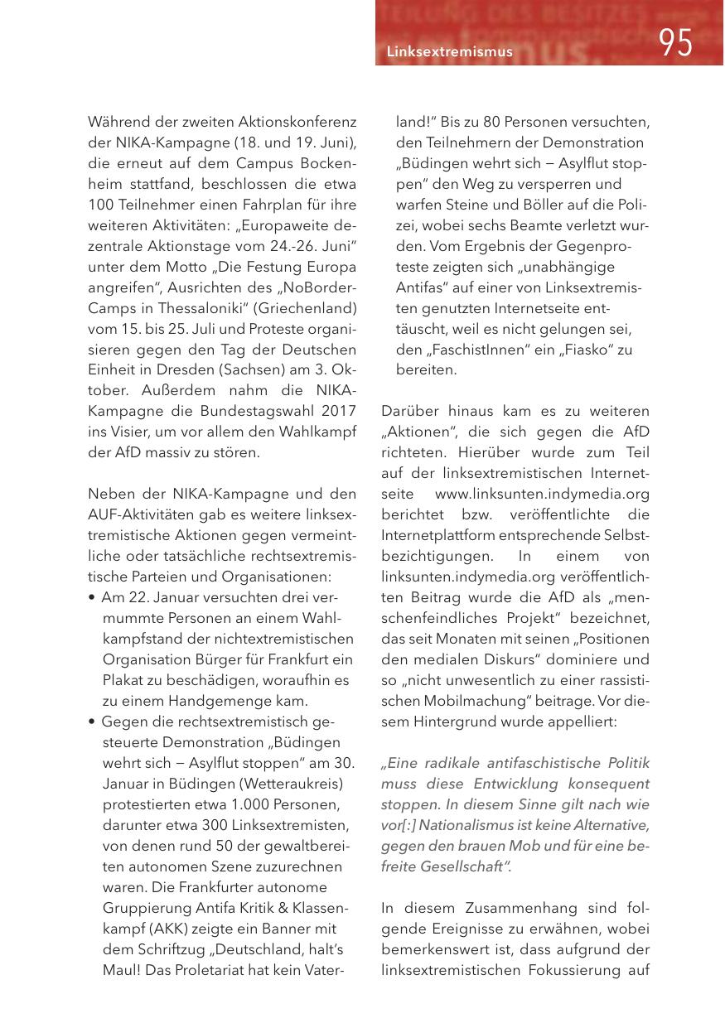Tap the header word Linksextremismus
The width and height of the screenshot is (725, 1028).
[450, 52]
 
